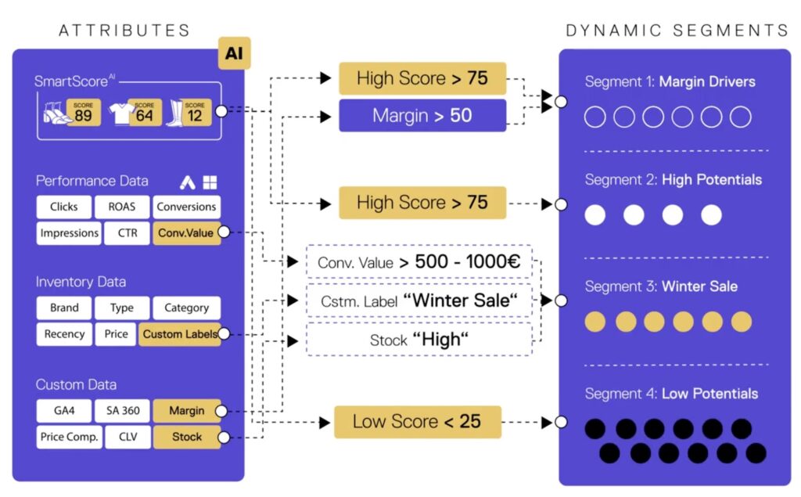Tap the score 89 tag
tap(83, 113)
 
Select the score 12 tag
tap(195, 113)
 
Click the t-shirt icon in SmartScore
tap(123, 113)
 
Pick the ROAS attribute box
tap(120, 207)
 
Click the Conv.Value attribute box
tap(186, 232)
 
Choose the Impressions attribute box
tap(70, 232)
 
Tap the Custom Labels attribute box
tap(179, 334)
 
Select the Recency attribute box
tap(64, 334)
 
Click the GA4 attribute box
tap(64, 411)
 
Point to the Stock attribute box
tap(186, 437)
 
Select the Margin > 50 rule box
tap(422, 116)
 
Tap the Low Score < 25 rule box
tap(417, 422)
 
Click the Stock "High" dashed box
tap(419, 340)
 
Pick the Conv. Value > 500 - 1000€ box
tap(419, 262)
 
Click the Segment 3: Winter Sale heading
tap(661, 286)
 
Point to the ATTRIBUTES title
tap(124, 31)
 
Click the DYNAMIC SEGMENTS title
tap(677, 31)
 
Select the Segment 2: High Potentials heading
tap(673, 180)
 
